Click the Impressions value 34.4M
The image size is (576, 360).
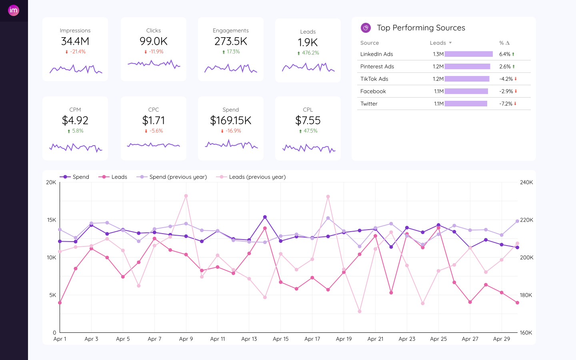[x=75, y=41]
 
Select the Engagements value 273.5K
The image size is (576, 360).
[x=231, y=41]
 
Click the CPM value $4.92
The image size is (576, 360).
[x=75, y=120]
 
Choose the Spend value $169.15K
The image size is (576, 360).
[x=231, y=120]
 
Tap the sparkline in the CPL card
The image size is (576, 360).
[x=308, y=148]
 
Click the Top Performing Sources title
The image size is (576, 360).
[x=421, y=28]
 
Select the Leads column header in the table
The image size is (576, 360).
[x=438, y=43]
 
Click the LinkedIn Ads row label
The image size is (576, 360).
[x=376, y=54]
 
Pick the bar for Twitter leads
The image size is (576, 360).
[x=466, y=104]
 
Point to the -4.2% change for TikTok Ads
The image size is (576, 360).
[x=506, y=79]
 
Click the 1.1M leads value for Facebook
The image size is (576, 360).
[x=439, y=91]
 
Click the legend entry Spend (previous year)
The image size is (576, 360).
[x=178, y=177]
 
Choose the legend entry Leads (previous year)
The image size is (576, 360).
[x=257, y=177]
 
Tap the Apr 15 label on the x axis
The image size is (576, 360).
[x=280, y=339]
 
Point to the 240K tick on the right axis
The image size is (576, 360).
[x=526, y=182]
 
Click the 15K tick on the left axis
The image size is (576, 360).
[x=51, y=220]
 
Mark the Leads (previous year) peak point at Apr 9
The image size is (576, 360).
[x=186, y=196]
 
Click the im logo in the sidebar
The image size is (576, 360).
[x=14, y=10]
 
